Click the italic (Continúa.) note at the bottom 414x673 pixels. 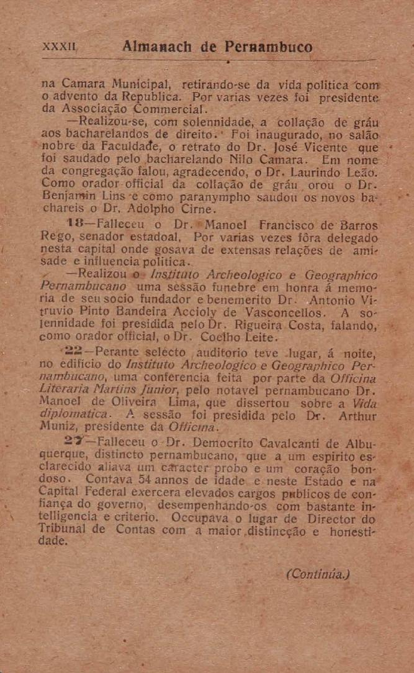(x=314, y=574)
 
